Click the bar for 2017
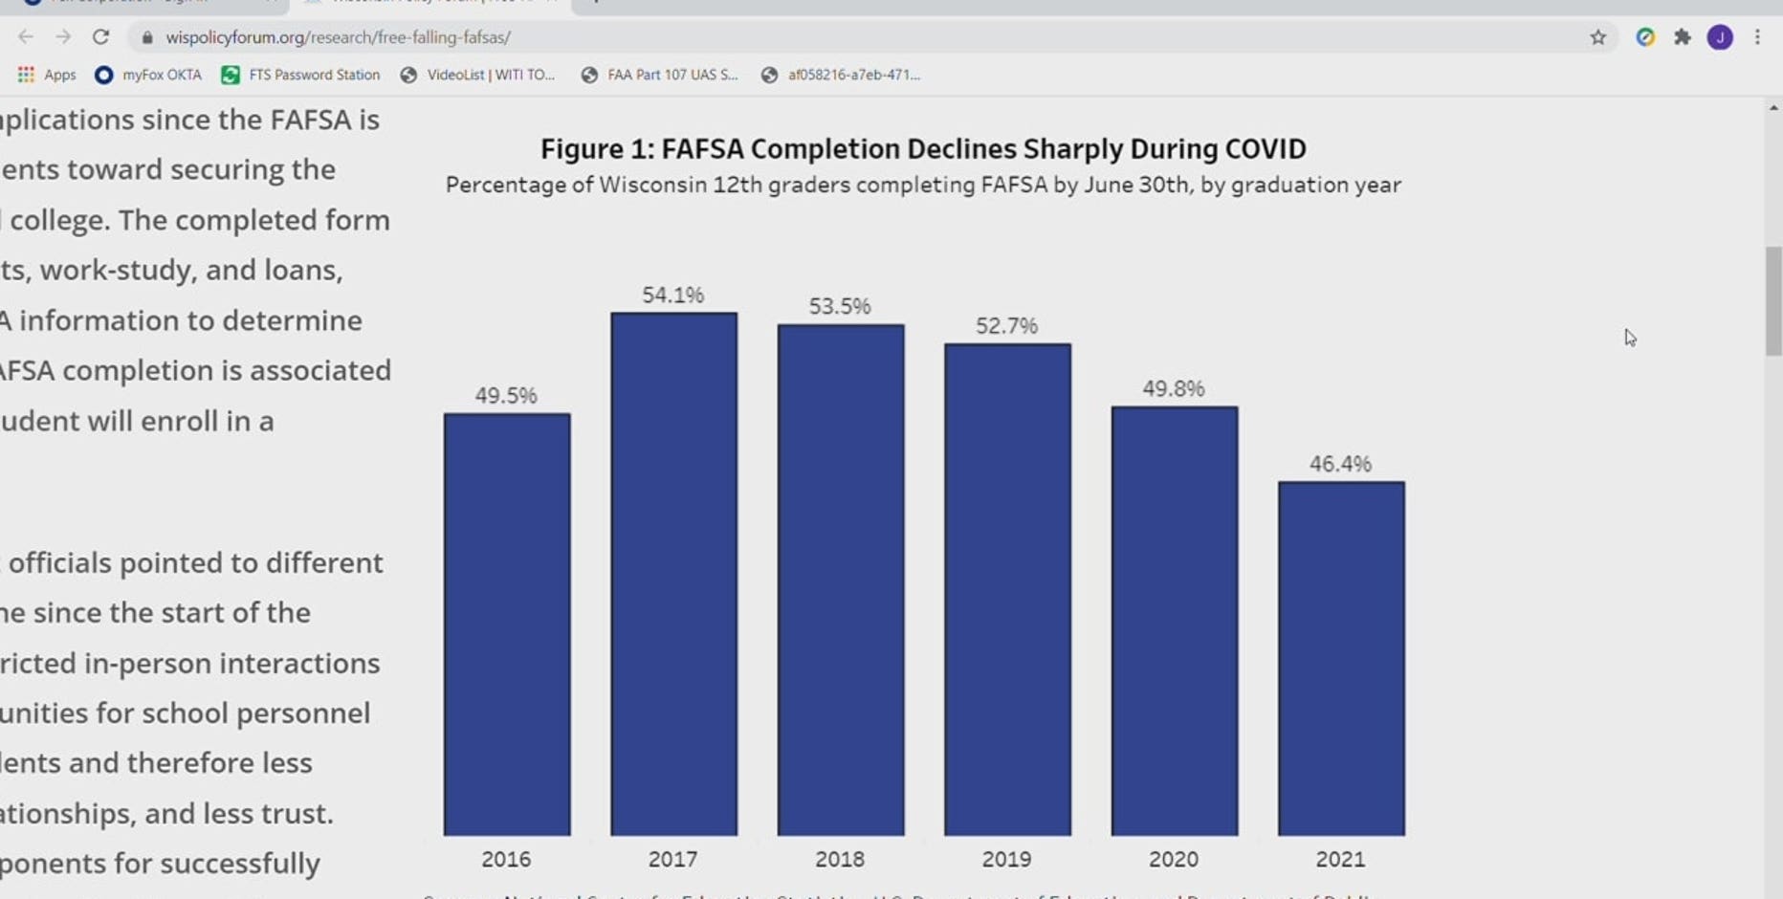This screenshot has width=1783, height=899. [x=673, y=574]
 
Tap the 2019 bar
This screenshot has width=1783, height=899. [x=1007, y=589]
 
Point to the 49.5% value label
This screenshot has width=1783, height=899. [x=506, y=395]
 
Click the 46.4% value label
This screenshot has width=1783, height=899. [x=1340, y=464]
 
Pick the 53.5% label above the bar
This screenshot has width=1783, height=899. [x=840, y=306]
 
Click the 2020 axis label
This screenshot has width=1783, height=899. [x=1174, y=859]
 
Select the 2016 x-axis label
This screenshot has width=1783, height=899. [x=506, y=859]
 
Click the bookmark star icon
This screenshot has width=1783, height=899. [x=1597, y=37]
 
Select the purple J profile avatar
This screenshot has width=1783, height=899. [x=1720, y=37]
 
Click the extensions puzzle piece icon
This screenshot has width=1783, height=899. [x=1683, y=37]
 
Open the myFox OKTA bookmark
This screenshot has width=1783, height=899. [x=149, y=75]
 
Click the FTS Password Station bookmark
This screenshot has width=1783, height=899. [x=301, y=75]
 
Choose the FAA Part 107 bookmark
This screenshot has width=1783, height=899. [x=660, y=75]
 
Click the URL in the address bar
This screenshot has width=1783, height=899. [x=338, y=37]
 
